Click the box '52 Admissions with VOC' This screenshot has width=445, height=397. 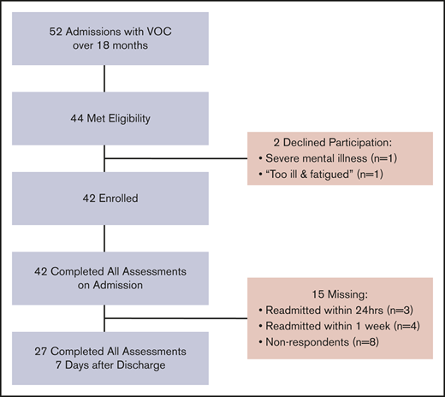(x=104, y=39)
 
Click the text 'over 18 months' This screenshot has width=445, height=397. (x=104, y=46)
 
